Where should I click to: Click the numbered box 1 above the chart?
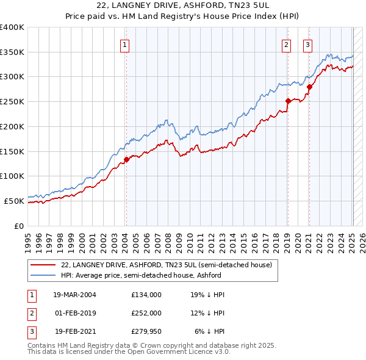[124, 44]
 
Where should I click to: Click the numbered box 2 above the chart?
[286, 44]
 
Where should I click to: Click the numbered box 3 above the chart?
[308, 44]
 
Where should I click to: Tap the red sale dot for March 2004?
[126, 159]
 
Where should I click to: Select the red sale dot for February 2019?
[287, 101]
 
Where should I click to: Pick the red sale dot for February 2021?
[309, 87]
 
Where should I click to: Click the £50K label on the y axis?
[15, 201]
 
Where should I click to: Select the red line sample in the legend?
[43, 265]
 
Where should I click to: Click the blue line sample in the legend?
[43, 275]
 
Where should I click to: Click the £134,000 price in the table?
[146, 294]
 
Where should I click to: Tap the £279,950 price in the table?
[146, 332]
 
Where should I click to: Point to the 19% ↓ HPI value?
[207, 294]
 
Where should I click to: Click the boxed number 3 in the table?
[30, 332]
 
